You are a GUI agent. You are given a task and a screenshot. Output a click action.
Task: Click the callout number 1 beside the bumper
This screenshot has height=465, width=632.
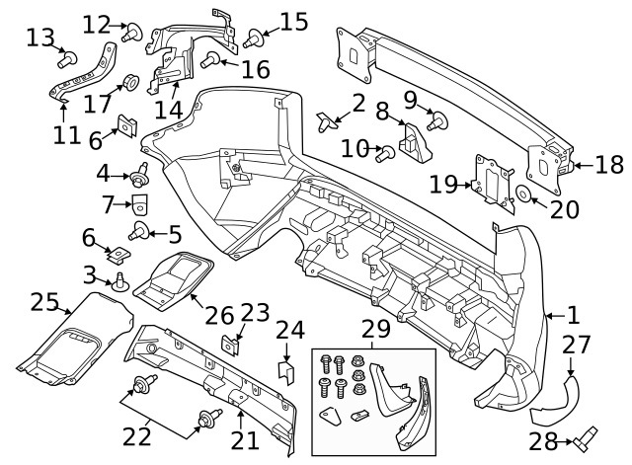click(573, 316)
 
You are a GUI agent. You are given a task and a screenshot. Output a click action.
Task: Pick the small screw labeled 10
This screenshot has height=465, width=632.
click(386, 153)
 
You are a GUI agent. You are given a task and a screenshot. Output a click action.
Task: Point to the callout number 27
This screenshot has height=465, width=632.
click(576, 345)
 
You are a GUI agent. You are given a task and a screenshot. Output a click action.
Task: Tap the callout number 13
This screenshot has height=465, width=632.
click(39, 38)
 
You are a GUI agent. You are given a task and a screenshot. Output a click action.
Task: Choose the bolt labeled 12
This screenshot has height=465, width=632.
click(128, 34)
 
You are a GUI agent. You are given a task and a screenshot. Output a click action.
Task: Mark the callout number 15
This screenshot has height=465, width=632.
click(294, 21)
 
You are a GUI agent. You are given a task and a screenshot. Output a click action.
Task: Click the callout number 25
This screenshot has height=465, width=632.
click(44, 302)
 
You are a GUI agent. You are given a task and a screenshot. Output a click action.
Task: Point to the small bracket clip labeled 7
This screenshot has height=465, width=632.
click(140, 204)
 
